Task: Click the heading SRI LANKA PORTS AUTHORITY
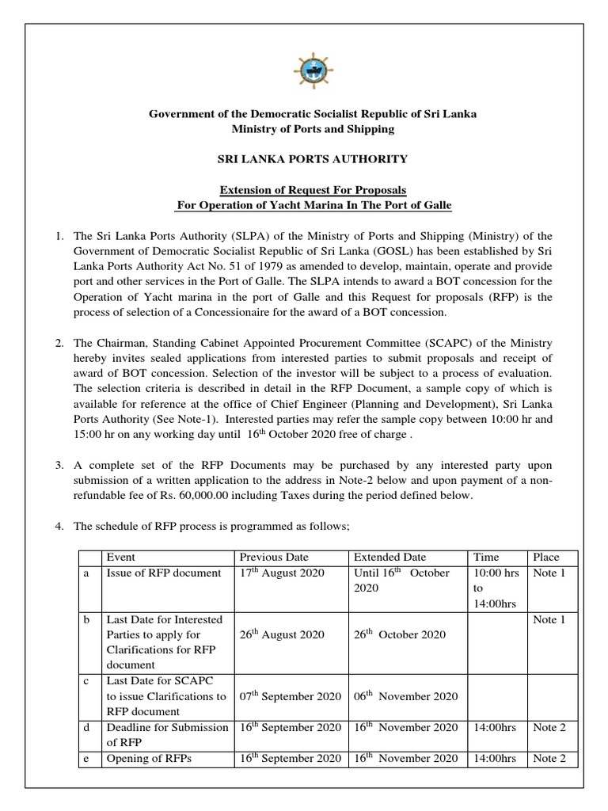tap(313, 159)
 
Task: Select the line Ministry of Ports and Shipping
tap(313, 128)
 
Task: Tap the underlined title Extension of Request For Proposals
tap(313, 191)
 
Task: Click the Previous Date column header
tap(275, 557)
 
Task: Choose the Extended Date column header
tap(389, 557)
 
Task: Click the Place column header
tap(546, 557)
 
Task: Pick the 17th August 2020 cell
tap(281, 573)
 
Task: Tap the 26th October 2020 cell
tap(400, 634)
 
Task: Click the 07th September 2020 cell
tap(290, 696)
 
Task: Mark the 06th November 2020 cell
tap(405, 696)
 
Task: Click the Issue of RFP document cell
tap(163, 573)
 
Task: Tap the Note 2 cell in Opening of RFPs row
tap(549, 758)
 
